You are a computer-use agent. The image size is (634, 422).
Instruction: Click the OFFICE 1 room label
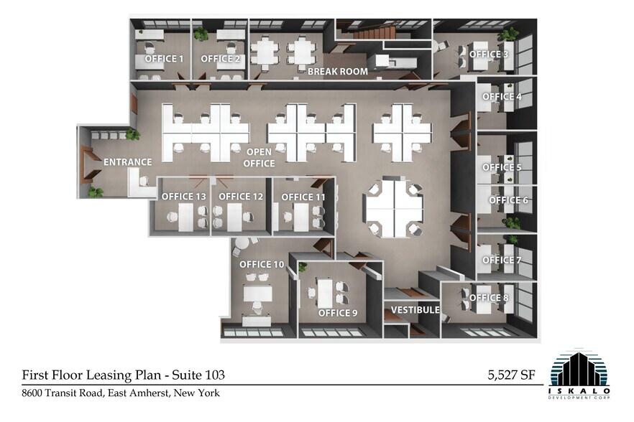coord(164,59)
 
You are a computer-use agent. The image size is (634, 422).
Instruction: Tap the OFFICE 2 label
coord(220,59)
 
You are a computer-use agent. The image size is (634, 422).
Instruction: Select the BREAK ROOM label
coord(337,72)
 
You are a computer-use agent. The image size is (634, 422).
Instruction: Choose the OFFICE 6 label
coord(509,200)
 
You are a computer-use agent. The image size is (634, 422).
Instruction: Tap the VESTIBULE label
coord(415,310)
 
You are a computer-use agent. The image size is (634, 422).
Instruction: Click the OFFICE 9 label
coord(337,313)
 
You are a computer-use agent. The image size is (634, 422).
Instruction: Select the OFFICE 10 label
coord(262,265)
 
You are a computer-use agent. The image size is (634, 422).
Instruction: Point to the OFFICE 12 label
coord(241,197)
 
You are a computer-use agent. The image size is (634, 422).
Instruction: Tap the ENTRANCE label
coord(127,162)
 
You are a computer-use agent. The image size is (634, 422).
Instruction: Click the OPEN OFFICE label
coord(260,158)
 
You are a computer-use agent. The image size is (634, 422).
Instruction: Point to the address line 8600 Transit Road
coord(120,393)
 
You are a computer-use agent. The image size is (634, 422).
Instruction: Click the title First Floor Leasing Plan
coord(124,375)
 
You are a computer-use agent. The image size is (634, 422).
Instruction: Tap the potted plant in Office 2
coord(201,34)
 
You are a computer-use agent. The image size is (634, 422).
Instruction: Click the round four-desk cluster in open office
coord(392,209)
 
